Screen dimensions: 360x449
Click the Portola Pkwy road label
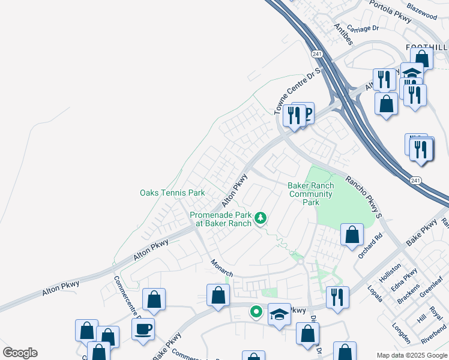(390, 11)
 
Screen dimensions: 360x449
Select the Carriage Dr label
(363, 28)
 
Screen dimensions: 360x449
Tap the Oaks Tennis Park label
(172, 193)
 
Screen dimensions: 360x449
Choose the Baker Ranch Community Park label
(311, 194)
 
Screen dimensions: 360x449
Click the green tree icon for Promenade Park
(260, 217)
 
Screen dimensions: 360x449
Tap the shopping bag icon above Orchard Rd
(352, 235)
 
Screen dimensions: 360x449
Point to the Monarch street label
(222, 268)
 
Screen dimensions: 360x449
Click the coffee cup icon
(143, 329)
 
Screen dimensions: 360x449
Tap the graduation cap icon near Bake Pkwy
(279, 315)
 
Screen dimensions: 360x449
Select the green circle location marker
(256, 311)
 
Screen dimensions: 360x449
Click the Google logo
(20, 353)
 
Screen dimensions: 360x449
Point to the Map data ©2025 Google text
(411, 355)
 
